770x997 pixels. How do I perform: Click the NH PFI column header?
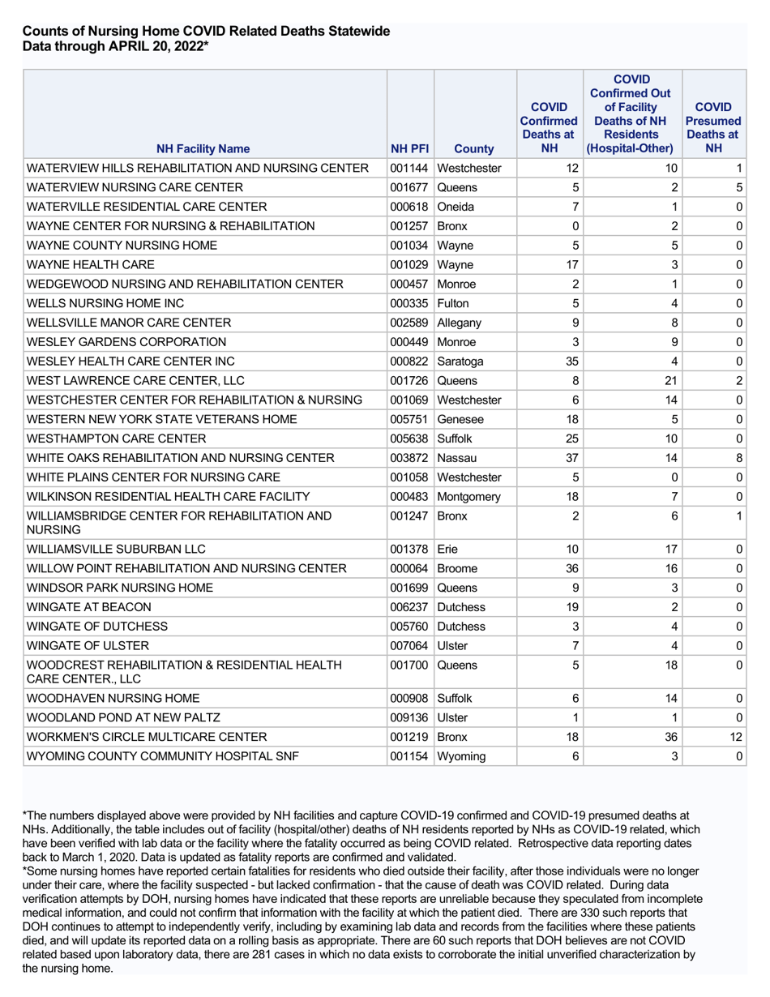(409, 149)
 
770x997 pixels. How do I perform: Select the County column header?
(474, 149)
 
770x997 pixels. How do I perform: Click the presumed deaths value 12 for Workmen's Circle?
(735, 737)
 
